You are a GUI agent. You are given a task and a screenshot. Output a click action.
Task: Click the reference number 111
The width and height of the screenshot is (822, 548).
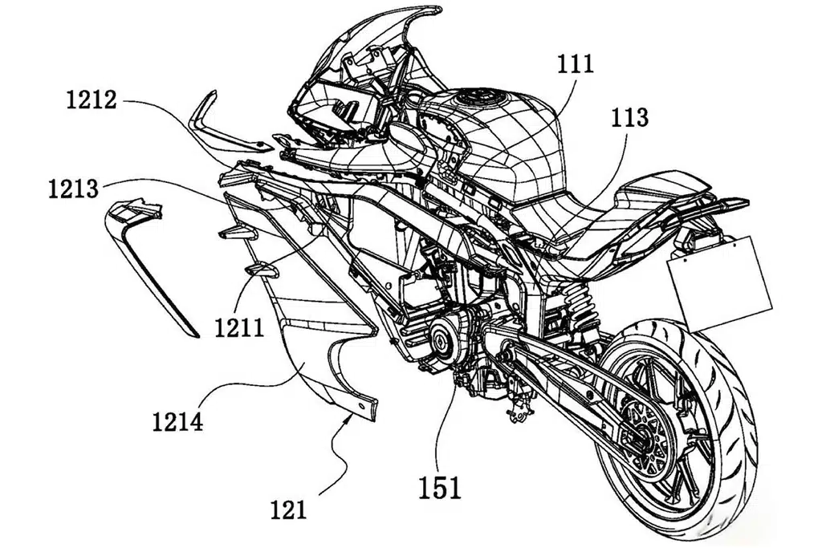coord(575,64)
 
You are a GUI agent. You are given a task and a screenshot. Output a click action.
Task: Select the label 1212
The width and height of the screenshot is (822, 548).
coord(91,100)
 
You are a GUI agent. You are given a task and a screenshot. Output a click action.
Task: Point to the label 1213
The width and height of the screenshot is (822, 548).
coord(73,189)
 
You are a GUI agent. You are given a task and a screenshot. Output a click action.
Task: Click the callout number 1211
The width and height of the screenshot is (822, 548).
coord(239,328)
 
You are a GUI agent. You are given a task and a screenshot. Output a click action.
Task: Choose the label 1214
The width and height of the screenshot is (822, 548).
coord(177,421)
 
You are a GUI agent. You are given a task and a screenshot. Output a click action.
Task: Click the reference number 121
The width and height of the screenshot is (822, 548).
coord(288,509)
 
